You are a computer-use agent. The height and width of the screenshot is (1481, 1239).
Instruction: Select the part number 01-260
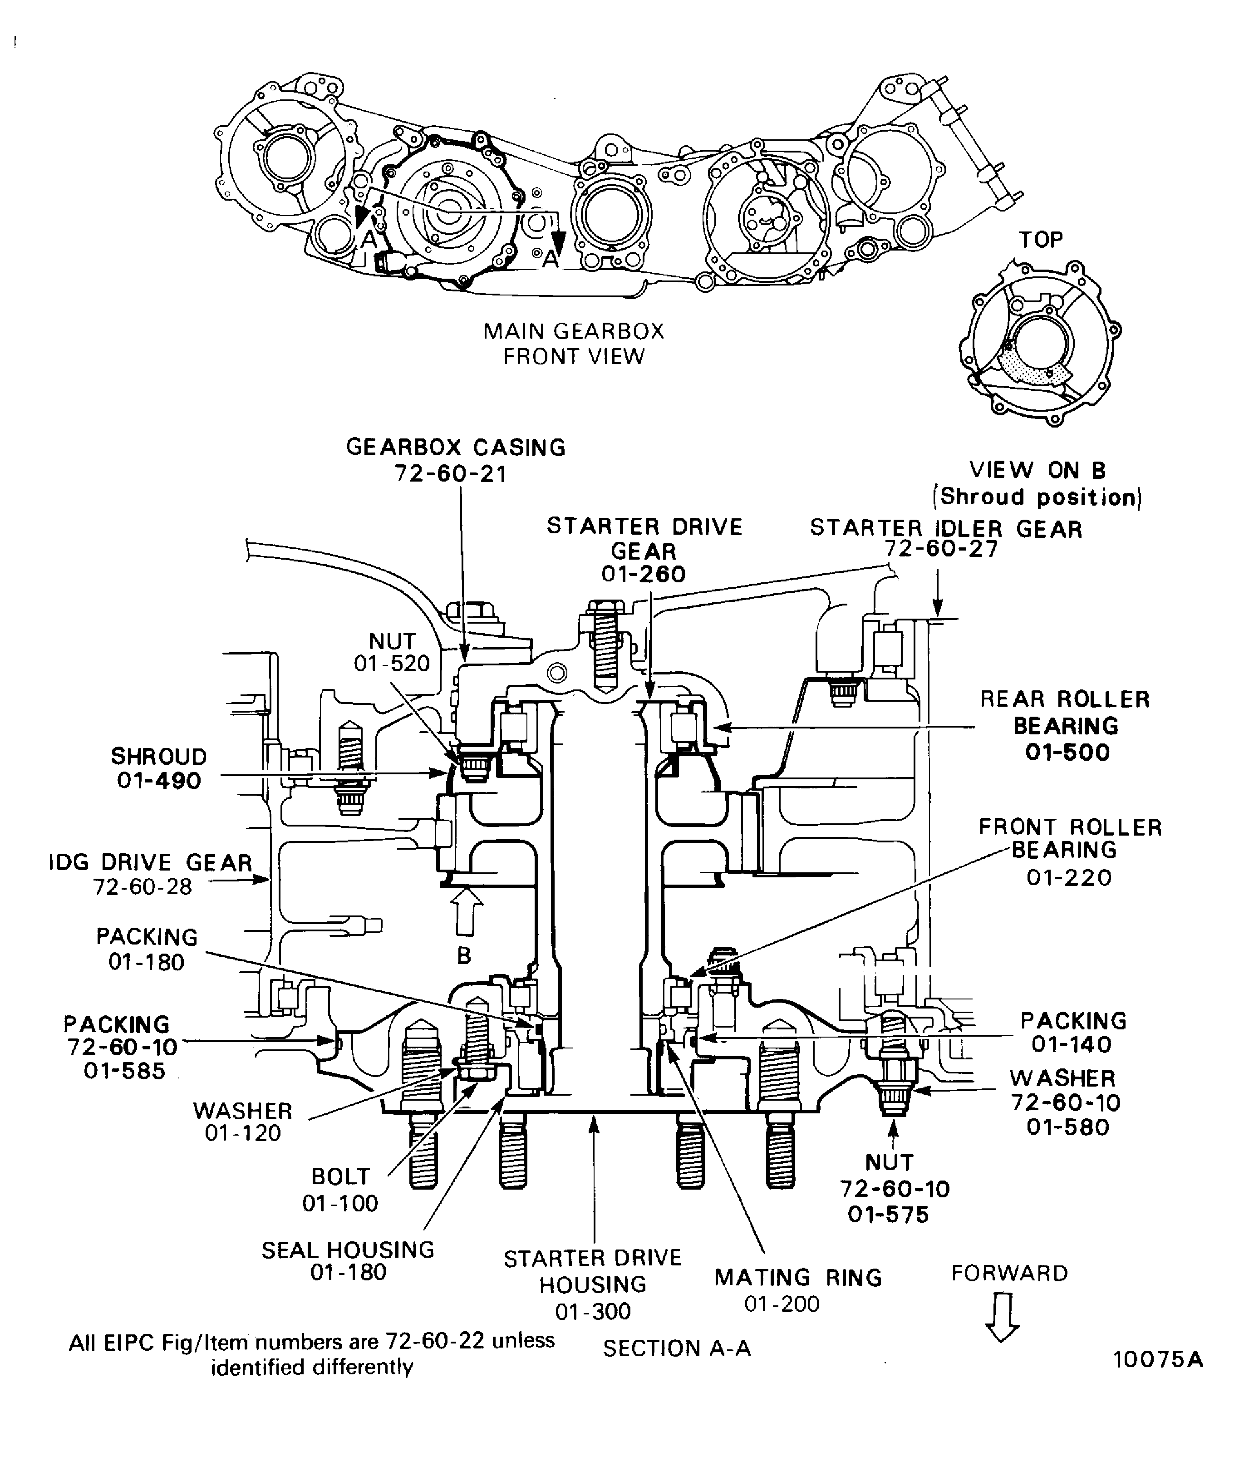click(643, 574)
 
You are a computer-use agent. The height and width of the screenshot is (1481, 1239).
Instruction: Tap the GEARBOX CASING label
click(456, 448)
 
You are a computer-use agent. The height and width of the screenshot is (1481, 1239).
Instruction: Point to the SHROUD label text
click(159, 757)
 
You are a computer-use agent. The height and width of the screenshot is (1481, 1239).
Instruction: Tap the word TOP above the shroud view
click(1040, 240)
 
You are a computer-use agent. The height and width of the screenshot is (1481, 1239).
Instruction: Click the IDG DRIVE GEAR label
click(150, 862)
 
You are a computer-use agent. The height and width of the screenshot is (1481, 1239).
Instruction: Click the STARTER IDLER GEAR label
click(946, 529)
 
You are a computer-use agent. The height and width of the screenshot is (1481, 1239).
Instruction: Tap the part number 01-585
click(124, 1071)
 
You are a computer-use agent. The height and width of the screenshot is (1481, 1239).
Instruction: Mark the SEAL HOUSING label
click(348, 1250)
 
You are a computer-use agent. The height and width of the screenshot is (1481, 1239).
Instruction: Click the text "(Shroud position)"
click(1037, 497)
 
